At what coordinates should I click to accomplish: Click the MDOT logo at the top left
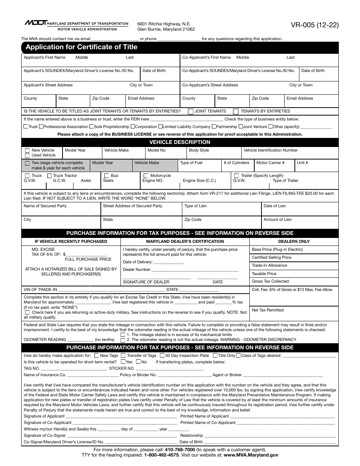35,23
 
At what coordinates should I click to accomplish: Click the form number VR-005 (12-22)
315,26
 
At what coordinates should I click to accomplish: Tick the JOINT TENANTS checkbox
190,111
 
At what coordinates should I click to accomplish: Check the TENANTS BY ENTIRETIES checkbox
236,111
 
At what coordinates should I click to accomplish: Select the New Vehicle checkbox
27,150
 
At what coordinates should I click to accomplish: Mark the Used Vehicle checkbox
27,155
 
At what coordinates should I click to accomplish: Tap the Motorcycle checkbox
146,176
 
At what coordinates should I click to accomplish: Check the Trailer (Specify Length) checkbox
236,176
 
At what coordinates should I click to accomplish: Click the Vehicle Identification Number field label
271,150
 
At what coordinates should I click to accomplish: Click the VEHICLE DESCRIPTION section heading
180,142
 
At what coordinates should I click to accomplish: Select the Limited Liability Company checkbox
161,127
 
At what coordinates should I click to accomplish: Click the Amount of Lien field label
277,220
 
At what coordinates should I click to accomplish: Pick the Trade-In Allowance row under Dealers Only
269,266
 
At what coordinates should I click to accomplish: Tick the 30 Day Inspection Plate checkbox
162,356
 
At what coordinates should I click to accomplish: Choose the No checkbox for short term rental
138,362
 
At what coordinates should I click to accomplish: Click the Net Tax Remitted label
268,310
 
